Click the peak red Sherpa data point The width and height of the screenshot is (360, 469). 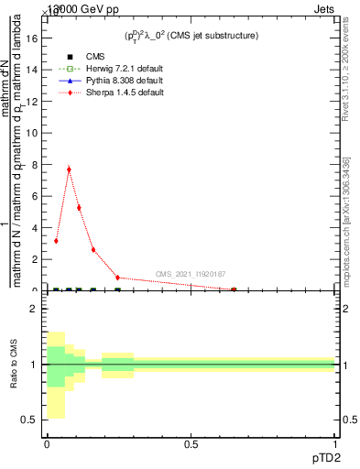point(69,169)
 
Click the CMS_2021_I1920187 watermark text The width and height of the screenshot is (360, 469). point(190,274)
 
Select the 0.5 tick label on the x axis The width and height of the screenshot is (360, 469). point(191,444)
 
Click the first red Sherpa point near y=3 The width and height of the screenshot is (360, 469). point(57,241)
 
